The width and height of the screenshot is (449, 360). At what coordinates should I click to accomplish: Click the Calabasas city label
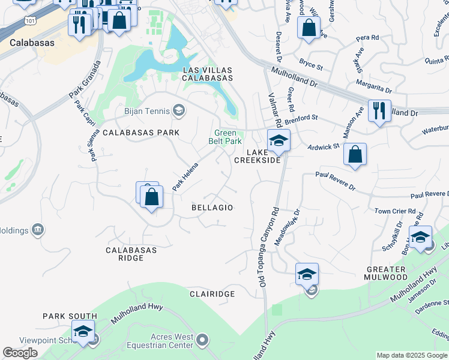[32, 43]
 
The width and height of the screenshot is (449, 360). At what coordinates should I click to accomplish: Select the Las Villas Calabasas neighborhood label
[207, 74]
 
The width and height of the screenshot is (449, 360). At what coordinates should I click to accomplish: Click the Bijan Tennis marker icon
[178, 110]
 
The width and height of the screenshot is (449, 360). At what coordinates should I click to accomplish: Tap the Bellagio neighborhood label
[212, 207]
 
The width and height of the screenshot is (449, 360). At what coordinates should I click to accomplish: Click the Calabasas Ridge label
[131, 254]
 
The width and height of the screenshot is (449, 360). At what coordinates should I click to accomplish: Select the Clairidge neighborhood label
[212, 294]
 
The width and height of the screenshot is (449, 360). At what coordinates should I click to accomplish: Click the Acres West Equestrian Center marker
[202, 341]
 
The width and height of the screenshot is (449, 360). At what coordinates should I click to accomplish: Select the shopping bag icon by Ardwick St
[355, 154]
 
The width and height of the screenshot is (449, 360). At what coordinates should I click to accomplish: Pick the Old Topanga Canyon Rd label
[268, 247]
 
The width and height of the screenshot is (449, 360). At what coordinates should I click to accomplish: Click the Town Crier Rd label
[394, 211]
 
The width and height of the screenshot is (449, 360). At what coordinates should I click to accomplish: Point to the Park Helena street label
[185, 179]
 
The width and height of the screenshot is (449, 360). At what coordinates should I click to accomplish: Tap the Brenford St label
[301, 118]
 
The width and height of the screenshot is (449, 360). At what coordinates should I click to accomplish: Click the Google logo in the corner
[20, 353]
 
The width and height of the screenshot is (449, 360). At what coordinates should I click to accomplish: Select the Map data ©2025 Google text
[411, 355]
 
